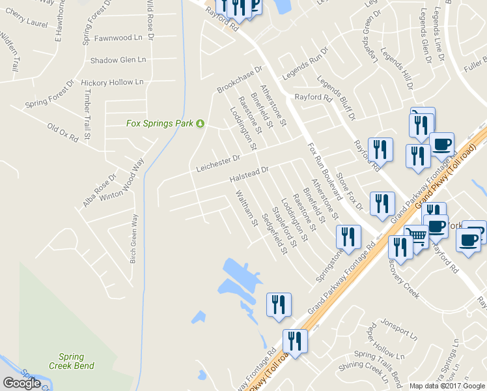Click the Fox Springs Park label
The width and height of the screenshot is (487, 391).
(x=160, y=123)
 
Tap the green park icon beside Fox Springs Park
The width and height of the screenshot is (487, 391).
(x=201, y=123)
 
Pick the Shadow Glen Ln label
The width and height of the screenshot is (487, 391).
(x=118, y=60)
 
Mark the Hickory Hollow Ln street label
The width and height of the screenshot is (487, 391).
(x=112, y=83)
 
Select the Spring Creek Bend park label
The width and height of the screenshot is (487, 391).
(x=72, y=361)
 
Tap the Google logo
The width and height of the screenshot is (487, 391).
(x=21, y=383)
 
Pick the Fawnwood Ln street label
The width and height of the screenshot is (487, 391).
(x=118, y=38)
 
